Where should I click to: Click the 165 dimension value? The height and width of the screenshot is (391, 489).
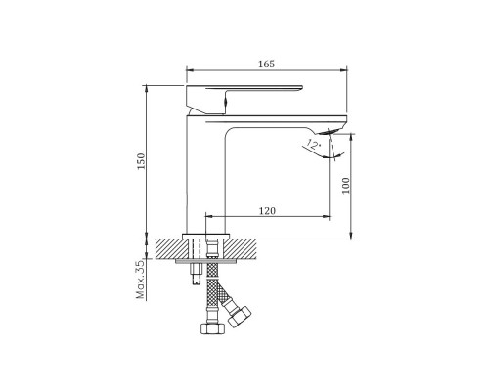[267, 64]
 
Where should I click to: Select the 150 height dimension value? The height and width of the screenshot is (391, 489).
[141, 161]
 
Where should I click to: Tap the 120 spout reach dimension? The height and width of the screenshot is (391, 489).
[267, 211]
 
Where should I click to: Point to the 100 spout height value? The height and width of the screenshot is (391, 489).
[346, 186]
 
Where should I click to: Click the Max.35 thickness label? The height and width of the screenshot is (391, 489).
[140, 280]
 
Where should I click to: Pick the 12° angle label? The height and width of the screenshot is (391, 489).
[313, 144]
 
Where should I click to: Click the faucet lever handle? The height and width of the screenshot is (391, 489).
[244, 100]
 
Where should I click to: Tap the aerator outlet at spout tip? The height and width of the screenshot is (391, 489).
[329, 131]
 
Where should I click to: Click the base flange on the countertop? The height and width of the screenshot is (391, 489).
[206, 236]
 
